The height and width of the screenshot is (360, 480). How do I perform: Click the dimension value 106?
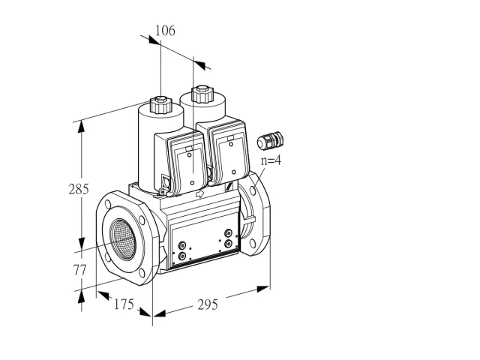(165, 31)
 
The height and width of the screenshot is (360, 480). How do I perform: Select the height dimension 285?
(79, 189)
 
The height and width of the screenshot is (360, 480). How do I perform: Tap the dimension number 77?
(79, 270)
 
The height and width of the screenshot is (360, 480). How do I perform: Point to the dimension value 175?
(124, 304)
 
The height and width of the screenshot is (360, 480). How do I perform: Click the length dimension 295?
(208, 304)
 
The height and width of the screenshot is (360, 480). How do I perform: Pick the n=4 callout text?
(271, 160)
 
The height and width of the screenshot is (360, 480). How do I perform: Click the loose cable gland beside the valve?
(270, 141)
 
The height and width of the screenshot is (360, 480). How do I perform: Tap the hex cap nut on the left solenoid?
(160, 104)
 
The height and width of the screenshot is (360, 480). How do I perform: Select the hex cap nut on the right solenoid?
(202, 94)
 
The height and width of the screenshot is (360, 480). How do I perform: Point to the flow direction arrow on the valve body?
(199, 193)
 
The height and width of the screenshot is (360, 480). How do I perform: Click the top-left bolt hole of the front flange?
(108, 204)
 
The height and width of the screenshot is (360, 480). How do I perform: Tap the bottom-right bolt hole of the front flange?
(142, 273)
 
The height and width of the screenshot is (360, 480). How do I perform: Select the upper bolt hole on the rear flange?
(253, 190)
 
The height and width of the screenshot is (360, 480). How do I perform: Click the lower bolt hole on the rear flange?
(252, 244)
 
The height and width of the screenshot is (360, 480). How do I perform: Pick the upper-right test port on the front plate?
(228, 233)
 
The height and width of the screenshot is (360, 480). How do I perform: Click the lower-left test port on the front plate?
(182, 256)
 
